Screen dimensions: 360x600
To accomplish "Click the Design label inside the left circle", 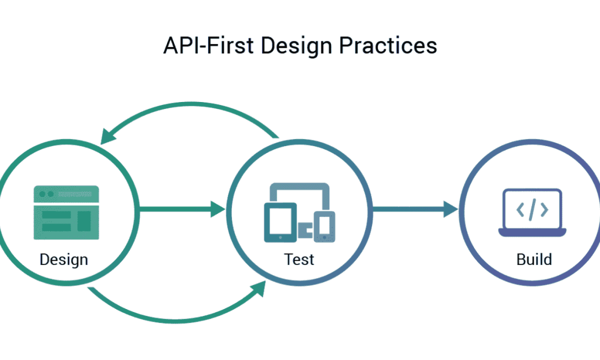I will point(64,259).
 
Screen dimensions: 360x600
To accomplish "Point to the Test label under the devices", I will point(299,259).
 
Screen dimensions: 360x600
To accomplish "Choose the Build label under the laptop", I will point(534,259).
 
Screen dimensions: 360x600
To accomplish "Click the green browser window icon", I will point(66,212).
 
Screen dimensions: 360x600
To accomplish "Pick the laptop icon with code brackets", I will point(532,212).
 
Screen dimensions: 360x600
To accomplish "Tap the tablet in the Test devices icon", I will point(280,222).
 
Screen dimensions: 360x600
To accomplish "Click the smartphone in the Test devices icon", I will point(324,226).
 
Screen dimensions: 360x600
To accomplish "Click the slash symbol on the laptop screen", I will point(532,209).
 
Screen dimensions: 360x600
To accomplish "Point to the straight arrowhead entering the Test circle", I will point(218,209).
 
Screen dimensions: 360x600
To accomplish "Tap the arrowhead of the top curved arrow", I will point(108,135).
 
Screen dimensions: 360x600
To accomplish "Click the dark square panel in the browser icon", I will point(84,220).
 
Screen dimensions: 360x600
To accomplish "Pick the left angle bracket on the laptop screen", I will point(520,209).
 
